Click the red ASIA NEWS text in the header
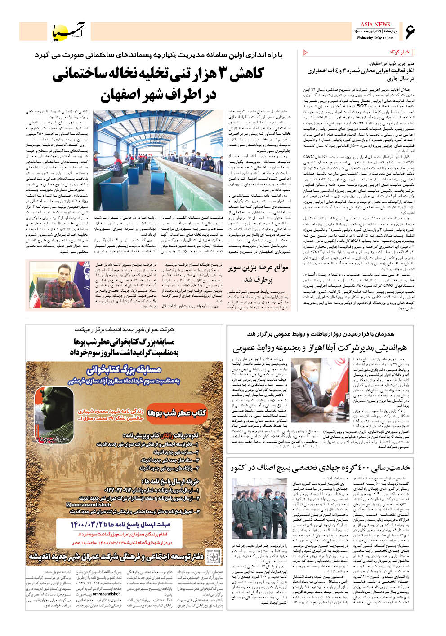pos(375,25)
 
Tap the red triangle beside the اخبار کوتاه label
pos(306,53)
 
